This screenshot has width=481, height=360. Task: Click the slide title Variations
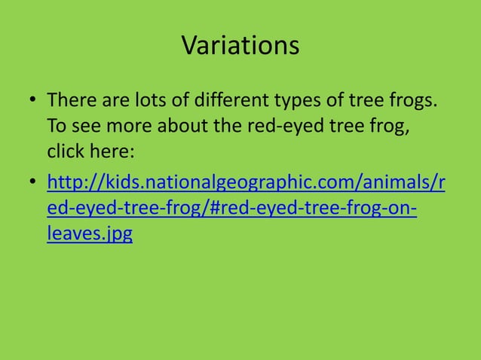tap(240, 46)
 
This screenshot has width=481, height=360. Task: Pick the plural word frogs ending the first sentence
tap(416, 102)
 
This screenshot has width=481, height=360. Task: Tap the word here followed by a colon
tap(113, 151)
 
